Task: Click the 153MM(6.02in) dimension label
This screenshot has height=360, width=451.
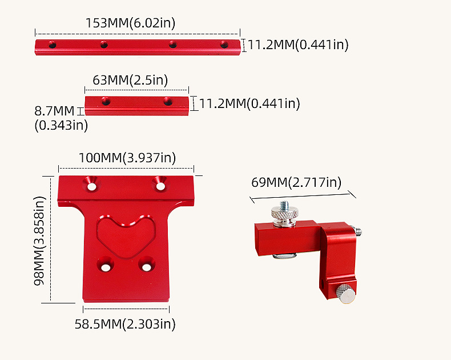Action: [x=130, y=23]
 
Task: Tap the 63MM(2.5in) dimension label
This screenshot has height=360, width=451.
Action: [x=130, y=80]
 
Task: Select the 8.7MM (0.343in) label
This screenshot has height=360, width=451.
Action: [x=61, y=118]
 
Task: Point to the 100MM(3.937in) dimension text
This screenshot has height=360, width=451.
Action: [x=127, y=158]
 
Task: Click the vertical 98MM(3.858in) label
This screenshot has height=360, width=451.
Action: [x=39, y=241]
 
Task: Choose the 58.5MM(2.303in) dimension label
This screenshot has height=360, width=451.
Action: [x=125, y=324]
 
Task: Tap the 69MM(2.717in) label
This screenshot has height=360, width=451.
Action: [x=296, y=182]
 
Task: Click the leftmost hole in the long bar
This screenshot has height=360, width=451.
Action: [x=52, y=45]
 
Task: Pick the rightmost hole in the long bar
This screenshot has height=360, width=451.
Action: [x=224, y=45]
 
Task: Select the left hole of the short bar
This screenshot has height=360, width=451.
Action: [x=106, y=101]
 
